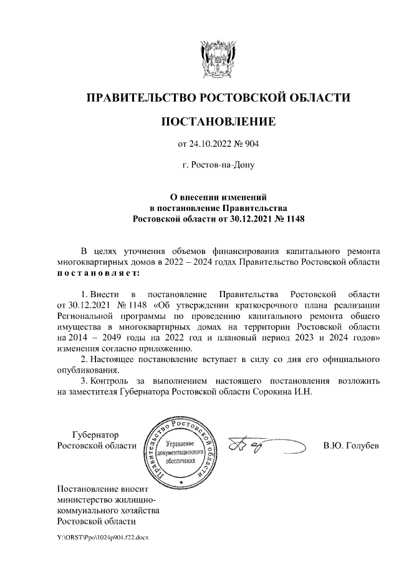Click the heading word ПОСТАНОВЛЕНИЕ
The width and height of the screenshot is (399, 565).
[218, 121]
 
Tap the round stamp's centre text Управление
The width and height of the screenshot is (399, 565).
[181, 443]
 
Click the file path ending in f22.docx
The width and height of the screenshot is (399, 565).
[102, 537]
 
